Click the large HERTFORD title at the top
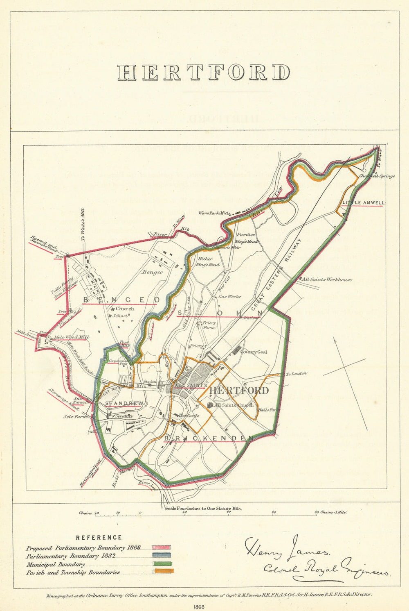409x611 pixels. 204,73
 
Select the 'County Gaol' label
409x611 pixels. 254,352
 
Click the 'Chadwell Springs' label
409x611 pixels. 377,176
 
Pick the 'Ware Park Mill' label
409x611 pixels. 212,213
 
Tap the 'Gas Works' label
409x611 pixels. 229,296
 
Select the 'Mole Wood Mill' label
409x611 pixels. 72,338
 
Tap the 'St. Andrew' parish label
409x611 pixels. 124,403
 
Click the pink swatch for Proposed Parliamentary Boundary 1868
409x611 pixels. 162,547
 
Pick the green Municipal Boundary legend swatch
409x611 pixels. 162,564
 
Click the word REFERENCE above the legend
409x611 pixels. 99,537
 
